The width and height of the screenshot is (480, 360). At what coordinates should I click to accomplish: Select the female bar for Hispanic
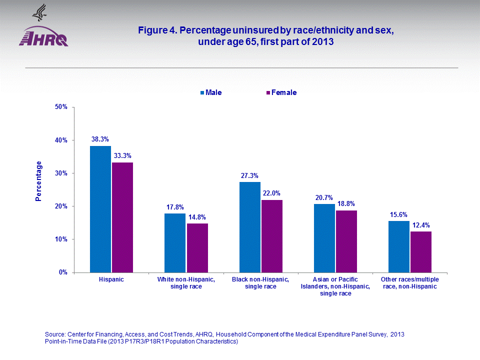[122, 217]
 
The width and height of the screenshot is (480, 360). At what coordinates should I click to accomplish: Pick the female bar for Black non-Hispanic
[272, 236]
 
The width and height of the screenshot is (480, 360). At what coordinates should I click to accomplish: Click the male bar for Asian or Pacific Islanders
[324, 238]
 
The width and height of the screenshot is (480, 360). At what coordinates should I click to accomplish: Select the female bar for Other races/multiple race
[421, 252]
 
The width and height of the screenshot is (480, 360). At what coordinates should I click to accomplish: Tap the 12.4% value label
[421, 225]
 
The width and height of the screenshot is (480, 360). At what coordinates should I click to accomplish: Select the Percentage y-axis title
[39, 181]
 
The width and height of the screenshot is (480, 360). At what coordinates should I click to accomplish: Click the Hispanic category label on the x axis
[111, 279]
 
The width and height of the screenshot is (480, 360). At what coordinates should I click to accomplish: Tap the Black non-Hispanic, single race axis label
[260, 283]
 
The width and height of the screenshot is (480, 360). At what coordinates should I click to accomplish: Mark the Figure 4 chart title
[266, 36]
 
